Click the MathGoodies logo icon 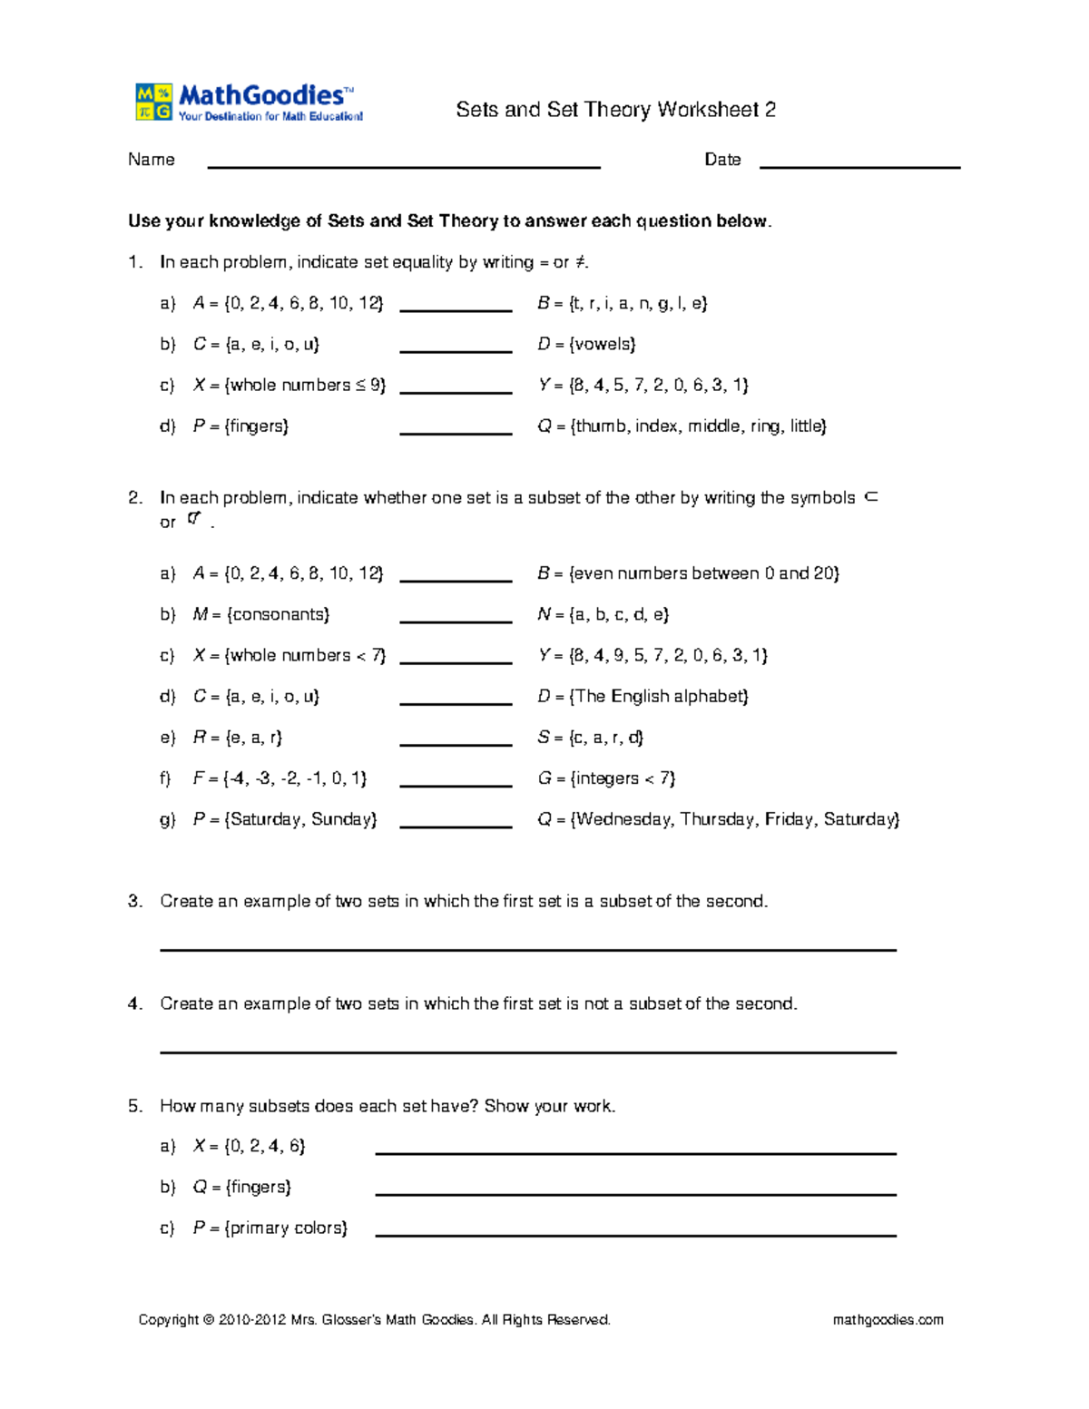point(153,102)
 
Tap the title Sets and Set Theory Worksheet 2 point(615,110)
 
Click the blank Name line point(404,165)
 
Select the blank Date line point(859,165)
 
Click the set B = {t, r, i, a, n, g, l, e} point(622,303)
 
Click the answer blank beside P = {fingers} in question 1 point(456,432)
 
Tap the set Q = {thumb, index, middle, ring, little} point(682,426)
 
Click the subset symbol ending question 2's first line point(871,496)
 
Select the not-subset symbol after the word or point(194,519)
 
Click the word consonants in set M point(280,614)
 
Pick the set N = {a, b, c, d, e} point(603,614)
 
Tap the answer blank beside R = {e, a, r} point(456,743)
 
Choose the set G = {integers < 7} point(605,778)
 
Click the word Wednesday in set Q point(624,819)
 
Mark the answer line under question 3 point(527,948)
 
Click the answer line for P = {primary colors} point(635,1234)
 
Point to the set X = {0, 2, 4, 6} point(249,1146)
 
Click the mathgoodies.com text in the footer point(888,1319)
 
